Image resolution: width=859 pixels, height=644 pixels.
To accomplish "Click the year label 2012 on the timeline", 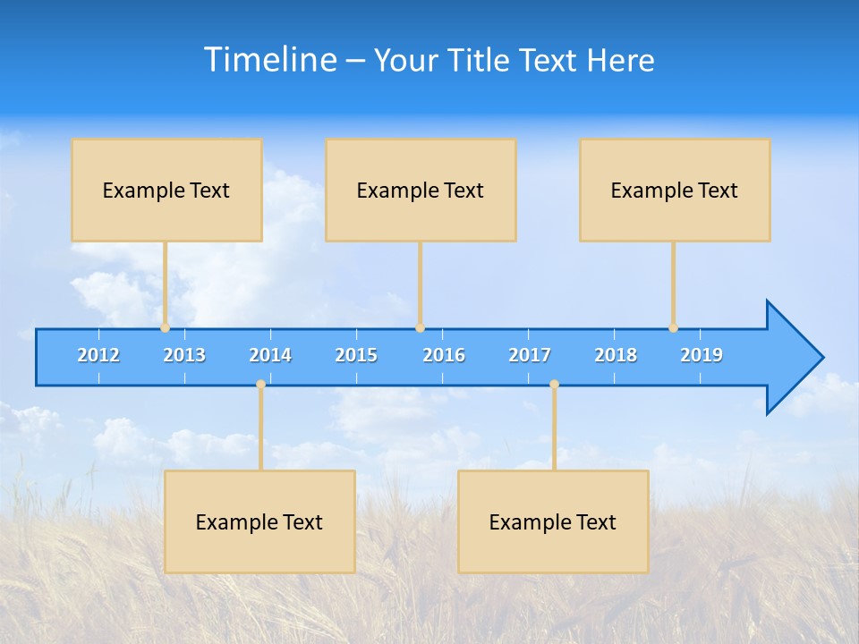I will [x=98, y=355].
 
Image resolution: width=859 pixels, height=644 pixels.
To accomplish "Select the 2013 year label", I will [x=184, y=355].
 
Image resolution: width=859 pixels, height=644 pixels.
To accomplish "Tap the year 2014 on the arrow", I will [x=270, y=355].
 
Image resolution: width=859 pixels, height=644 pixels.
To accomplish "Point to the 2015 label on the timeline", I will [x=356, y=355].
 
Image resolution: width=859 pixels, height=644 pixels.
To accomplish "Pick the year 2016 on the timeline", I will [x=444, y=355].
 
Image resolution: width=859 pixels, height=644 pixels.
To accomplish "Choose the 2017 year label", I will [x=530, y=355].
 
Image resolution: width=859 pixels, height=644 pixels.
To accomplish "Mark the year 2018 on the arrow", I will [x=616, y=355].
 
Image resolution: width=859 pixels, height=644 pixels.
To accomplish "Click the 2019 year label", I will [x=702, y=355].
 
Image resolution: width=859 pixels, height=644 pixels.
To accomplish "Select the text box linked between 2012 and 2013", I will [x=166, y=191].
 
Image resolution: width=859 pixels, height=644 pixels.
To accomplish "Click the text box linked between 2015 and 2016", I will [x=421, y=191].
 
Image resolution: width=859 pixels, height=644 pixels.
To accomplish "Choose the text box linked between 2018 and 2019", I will [x=675, y=191].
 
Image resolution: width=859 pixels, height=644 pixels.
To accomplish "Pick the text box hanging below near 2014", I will [x=259, y=522].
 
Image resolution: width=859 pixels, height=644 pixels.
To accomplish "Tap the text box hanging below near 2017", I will [x=553, y=522].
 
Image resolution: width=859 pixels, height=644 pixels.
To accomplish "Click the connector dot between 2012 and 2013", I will [x=165, y=328].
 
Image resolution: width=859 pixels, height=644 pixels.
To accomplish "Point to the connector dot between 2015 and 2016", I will [x=420, y=328].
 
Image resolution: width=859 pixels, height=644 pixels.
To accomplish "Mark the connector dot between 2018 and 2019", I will [x=673, y=328].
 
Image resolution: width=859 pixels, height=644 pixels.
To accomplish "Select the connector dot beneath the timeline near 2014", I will [x=260, y=385].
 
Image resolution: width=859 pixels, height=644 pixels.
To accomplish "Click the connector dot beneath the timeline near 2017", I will [x=554, y=385].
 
